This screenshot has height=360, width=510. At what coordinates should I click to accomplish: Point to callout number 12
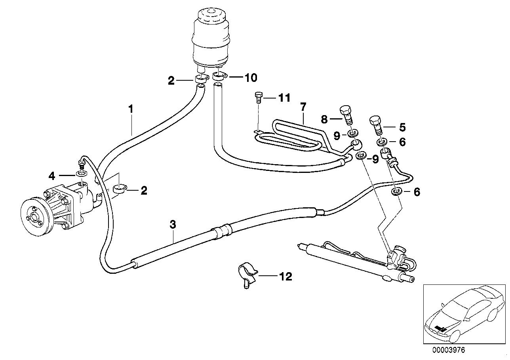(285, 276)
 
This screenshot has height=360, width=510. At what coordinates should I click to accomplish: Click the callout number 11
(284, 97)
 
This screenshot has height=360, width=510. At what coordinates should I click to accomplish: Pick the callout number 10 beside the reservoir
(250, 77)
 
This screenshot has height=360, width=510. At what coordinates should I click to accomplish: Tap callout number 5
(402, 127)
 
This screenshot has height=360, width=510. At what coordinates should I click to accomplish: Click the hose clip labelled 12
(247, 275)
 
